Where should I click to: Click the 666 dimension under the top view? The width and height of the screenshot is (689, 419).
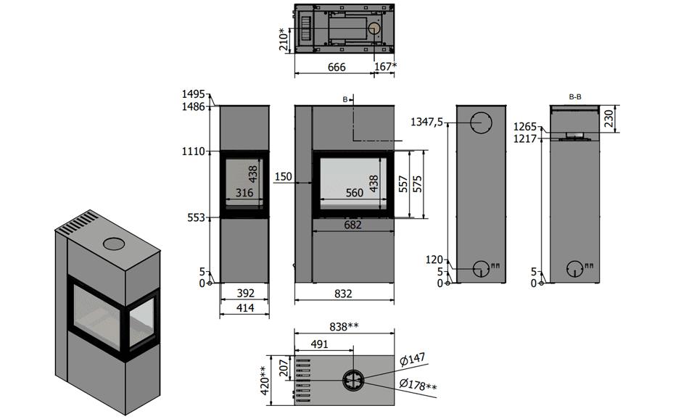point(337,67)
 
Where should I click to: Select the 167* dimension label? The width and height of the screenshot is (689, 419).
point(385,66)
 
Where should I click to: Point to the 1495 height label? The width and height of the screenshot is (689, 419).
point(194,94)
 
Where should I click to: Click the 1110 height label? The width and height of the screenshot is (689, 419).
point(194,152)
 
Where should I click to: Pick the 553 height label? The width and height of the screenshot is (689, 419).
point(196,218)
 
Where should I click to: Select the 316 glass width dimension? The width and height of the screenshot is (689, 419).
point(244,193)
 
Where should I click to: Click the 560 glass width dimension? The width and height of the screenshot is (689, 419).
point(354,193)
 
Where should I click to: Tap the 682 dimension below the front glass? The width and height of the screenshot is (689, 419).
point(353,225)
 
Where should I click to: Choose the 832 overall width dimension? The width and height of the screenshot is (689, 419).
point(343,294)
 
